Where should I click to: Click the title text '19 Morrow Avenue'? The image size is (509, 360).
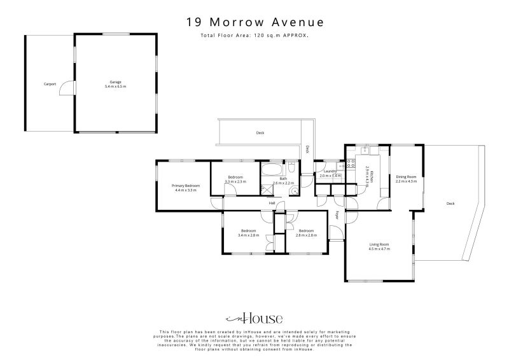(x=254, y=22)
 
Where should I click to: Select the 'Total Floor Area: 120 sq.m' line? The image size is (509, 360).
(x=254, y=36)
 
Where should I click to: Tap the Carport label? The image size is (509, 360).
(x=50, y=84)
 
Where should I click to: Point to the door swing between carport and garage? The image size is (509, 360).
(x=65, y=90)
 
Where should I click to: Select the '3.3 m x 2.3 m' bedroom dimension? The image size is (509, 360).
(x=235, y=182)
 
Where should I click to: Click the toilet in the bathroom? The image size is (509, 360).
(x=291, y=168)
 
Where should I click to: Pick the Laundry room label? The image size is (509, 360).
(x=330, y=171)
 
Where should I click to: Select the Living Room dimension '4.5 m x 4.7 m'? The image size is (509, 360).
(x=379, y=249)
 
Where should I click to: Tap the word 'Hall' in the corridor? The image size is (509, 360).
(x=272, y=203)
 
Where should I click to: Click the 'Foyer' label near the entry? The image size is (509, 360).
(x=337, y=214)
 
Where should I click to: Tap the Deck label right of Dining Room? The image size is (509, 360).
(x=450, y=204)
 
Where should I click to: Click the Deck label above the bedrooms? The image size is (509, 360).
(x=260, y=133)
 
